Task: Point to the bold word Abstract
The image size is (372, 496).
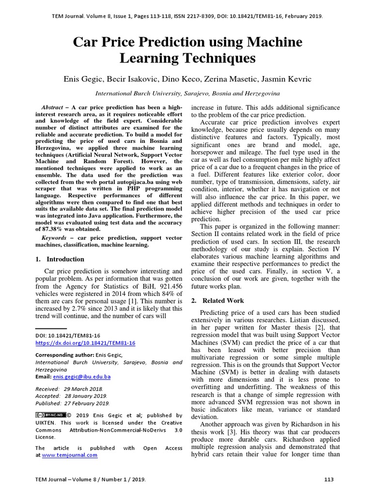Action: (51, 107)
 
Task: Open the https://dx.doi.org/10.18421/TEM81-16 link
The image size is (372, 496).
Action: (85, 343)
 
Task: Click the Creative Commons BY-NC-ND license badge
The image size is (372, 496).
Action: (50, 415)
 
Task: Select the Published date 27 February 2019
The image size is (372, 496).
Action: (73, 403)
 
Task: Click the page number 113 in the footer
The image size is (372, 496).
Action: (329, 480)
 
